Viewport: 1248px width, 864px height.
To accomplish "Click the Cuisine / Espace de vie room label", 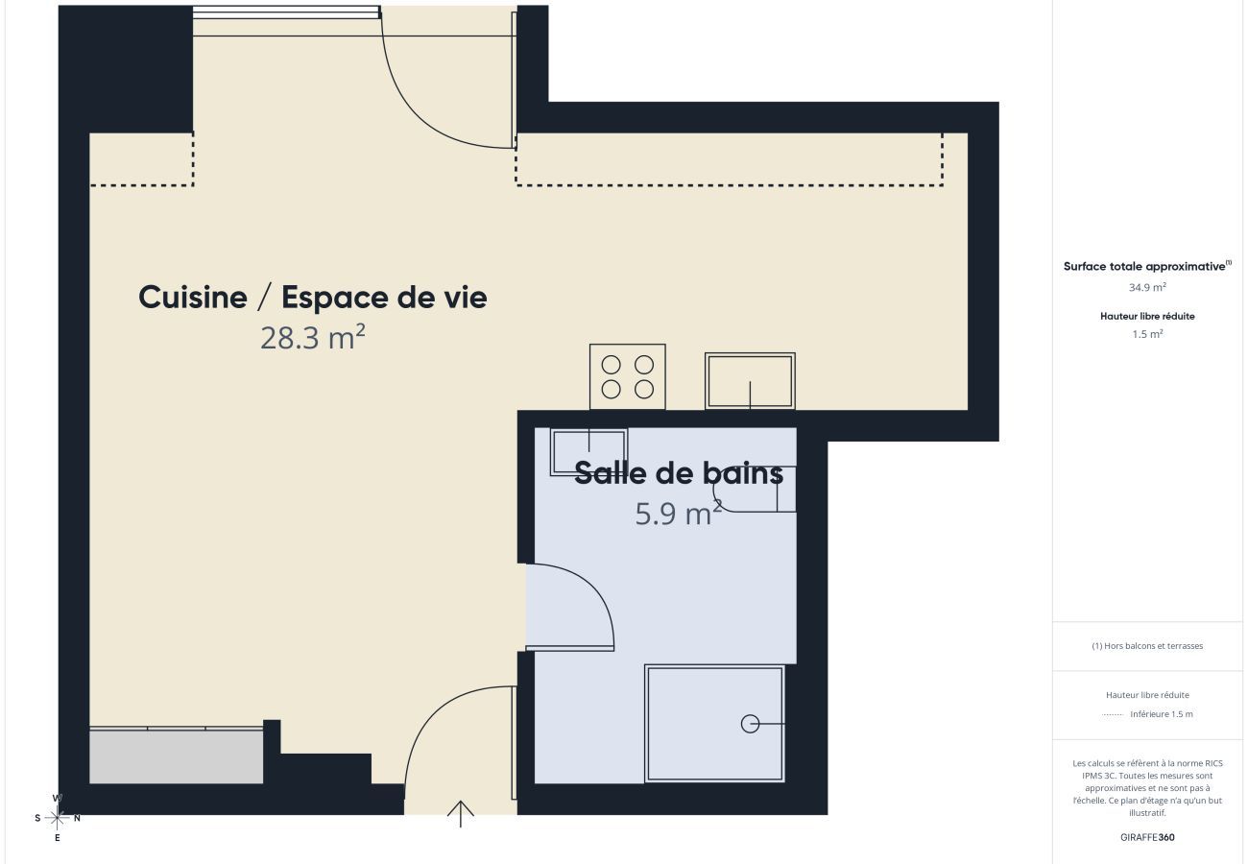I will click(x=312, y=298).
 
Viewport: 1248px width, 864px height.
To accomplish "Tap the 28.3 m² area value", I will click(x=312, y=338).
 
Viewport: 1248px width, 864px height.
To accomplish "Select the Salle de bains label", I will click(x=679, y=473).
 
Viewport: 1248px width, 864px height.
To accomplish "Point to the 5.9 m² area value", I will click(x=678, y=514).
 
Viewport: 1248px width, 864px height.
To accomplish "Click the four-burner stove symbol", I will click(x=627, y=376).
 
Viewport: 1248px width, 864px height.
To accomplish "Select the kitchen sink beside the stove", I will click(x=750, y=381).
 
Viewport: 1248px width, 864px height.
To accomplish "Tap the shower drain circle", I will click(x=750, y=724).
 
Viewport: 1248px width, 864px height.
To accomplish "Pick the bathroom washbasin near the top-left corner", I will click(x=588, y=451).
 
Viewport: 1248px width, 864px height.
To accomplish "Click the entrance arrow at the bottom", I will click(x=461, y=813).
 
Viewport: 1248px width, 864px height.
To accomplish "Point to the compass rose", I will click(x=58, y=818).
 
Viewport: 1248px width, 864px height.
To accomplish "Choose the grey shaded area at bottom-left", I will click(x=176, y=756).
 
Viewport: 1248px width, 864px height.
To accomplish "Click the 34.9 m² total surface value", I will click(x=1147, y=287).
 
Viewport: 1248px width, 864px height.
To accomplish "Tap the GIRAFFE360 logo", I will click(x=1147, y=837).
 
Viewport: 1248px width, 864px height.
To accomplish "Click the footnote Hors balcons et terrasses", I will click(x=1147, y=646).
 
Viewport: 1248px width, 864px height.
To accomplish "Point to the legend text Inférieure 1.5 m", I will click(x=1161, y=714).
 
